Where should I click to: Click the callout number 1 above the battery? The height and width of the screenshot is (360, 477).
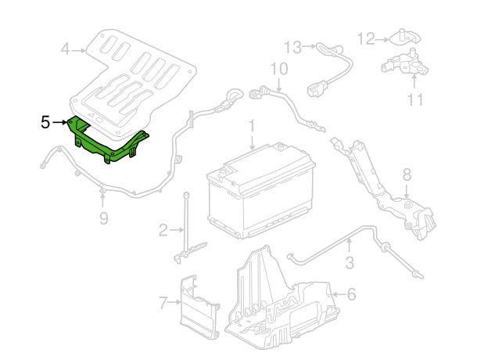click(252, 125)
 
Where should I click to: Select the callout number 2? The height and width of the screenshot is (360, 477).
click(163, 229)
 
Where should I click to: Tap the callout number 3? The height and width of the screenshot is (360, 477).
click(349, 264)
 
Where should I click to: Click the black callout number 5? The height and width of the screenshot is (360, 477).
click(45, 122)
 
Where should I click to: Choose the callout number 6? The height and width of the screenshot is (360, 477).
click(351, 295)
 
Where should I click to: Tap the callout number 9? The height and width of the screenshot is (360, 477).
click(103, 218)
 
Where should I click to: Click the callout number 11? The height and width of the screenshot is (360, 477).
click(414, 99)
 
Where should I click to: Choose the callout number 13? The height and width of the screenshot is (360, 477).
click(292, 46)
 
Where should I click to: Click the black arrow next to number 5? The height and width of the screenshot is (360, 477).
click(60, 122)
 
